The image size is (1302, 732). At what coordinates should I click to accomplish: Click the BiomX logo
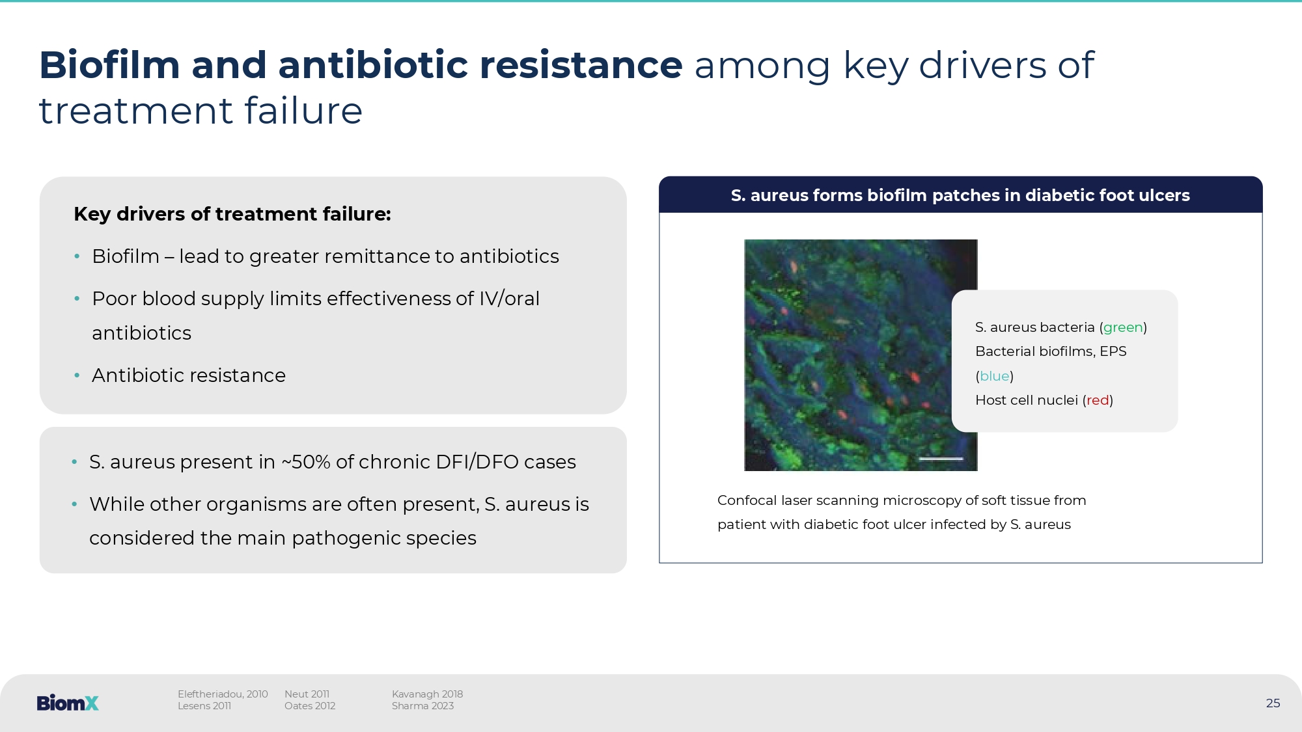(x=68, y=703)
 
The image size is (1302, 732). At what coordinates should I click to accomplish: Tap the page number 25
(x=1273, y=703)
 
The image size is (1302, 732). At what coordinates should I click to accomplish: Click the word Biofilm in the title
(x=109, y=65)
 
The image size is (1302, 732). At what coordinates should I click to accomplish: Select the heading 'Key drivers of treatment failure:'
(x=232, y=214)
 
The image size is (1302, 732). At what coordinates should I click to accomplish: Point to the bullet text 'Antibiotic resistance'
(x=189, y=375)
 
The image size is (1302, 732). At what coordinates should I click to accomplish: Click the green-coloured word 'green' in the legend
(x=1123, y=327)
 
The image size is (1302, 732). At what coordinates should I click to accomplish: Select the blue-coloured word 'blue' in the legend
(x=995, y=376)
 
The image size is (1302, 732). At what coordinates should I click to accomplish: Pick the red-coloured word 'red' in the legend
(x=1098, y=400)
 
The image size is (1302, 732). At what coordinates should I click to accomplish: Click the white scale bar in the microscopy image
(x=941, y=459)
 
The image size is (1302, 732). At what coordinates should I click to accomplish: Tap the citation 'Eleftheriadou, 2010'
(x=223, y=694)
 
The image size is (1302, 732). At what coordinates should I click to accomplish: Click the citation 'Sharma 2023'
(x=422, y=706)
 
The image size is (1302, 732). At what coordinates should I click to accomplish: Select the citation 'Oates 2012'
(x=310, y=706)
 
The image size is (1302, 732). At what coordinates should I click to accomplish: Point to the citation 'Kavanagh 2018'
(x=427, y=694)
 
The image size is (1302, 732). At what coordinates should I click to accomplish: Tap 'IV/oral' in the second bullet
(x=509, y=299)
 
